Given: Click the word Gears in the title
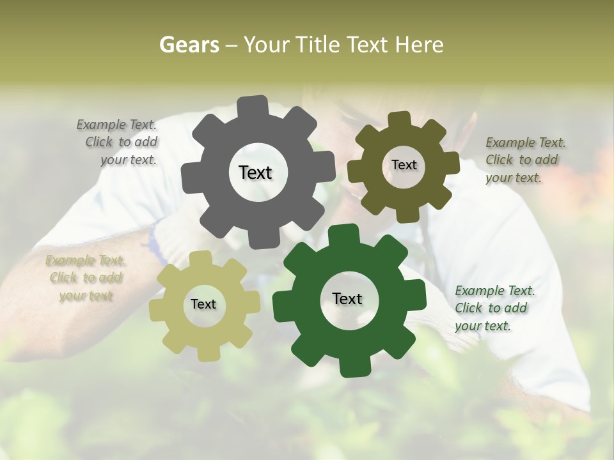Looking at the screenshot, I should (x=188, y=45).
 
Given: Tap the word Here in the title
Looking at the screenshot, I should (x=419, y=45).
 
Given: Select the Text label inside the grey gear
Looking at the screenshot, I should (x=255, y=172).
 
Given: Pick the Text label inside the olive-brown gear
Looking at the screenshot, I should (x=404, y=165).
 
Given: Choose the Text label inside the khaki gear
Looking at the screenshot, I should (x=203, y=304).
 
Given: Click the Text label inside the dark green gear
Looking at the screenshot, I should (x=347, y=298).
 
